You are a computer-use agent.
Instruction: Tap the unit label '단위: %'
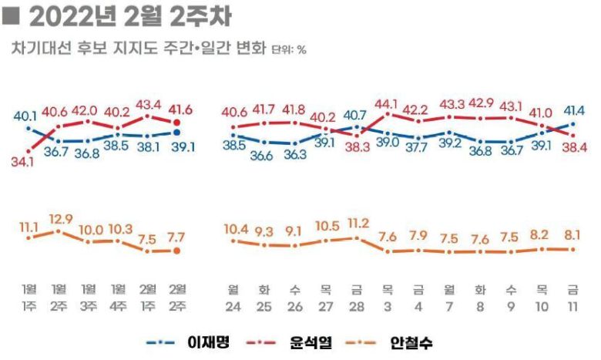click(289, 50)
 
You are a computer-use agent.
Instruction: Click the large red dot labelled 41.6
click(178, 123)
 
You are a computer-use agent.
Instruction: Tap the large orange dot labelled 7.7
click(178, 250)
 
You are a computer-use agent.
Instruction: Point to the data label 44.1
click(387, 103)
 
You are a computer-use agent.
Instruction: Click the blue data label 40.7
click(356, 116)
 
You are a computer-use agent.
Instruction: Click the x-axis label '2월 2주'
click(178, 297)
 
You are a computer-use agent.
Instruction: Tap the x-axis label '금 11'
click(572, 297)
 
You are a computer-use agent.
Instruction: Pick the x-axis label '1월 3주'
click(89, 297)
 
